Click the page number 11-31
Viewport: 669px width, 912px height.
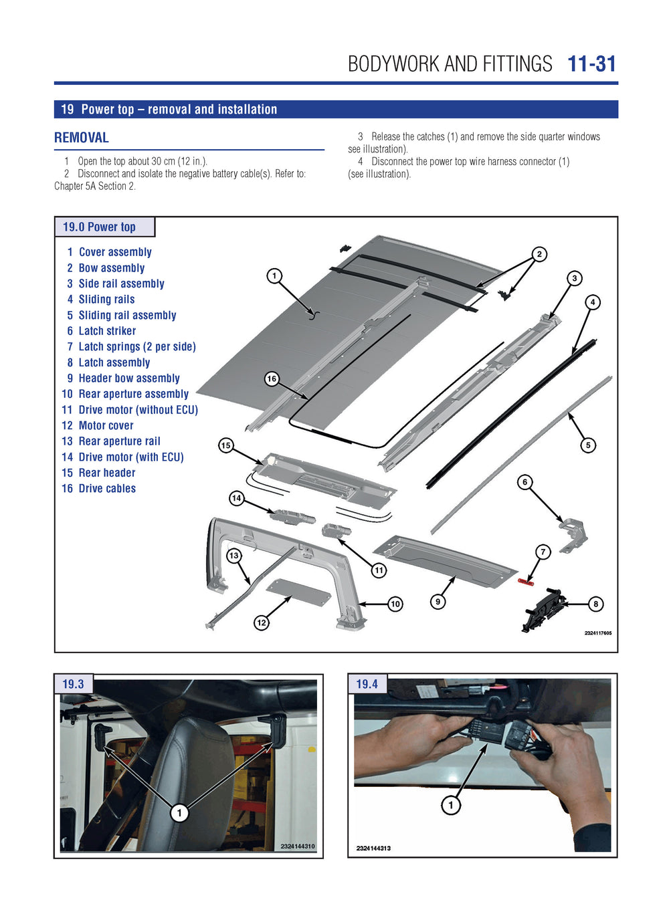click(591, 64)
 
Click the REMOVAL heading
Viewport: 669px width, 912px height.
click(82, 138)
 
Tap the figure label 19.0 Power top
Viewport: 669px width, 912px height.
click(99, 227)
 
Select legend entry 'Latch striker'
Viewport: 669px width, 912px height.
click(107, 331)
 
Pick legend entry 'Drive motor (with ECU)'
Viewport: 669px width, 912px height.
click(130, 457)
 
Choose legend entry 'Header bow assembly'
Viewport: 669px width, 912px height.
click(129, 378)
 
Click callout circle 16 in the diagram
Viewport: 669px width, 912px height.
click(272, 379)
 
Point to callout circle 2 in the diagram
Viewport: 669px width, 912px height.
click(539, 254)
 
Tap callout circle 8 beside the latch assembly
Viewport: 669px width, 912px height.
click(595, 604)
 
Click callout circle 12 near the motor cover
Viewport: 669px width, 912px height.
click(262, 622)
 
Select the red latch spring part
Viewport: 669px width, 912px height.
click(525, 583)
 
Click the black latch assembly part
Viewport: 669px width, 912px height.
click(543, 608)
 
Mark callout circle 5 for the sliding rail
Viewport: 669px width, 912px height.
click(588, 445)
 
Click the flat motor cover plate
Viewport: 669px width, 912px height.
click(298, 592)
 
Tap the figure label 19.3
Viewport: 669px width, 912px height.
click(73, 685)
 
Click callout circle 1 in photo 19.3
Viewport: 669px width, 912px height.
click(179, 813)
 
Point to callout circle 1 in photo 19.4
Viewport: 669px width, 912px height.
click(451, 805)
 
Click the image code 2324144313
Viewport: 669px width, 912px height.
click(373, 848)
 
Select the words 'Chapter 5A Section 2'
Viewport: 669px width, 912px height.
click(94, 187)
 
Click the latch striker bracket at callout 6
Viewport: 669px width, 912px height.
click(574, 534)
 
